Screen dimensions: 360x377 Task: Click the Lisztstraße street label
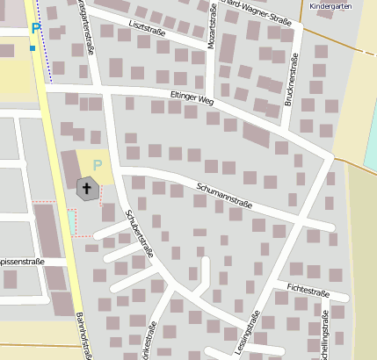point(147,28)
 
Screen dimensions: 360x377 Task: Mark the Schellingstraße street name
point(325,331)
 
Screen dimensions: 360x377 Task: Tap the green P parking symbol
point(98,164)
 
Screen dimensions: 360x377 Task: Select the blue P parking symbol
point(35,28)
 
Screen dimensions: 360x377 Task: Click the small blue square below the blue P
point(33,47)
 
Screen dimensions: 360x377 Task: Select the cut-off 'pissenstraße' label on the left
point(22,262)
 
